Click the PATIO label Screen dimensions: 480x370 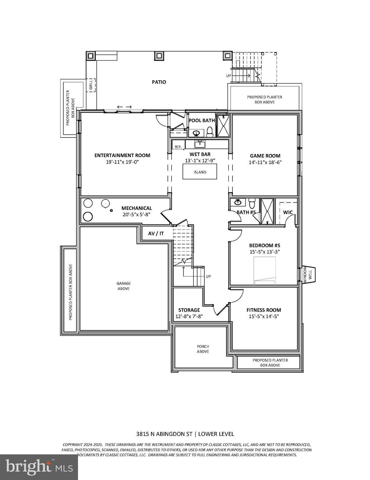pyautogui.click(x=159, y=82)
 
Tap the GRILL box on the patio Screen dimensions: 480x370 pyautogui.click(x=91, y=85)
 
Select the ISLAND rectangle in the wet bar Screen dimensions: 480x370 pyautogui.click(x=200, y=172)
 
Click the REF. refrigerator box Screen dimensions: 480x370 pyautogui.click(x=178, y=147)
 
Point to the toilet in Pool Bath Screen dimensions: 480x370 pyautogui.click(x=210, y=132)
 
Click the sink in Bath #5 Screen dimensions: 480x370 pyautogui.click(x=238, y=202)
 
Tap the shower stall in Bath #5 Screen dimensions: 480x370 pyautogui.click(x=267, y=211)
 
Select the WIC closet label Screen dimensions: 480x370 pyautogui.click(x=288, y=212)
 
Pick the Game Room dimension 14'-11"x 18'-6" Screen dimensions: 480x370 pyautogui.click(x=265, y=162)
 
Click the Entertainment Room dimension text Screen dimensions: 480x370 pyautogui.click(x=122, y=162)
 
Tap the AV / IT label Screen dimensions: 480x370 pyautogui.click(x=156, y=233)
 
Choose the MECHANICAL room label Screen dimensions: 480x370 pyautogui.click(x=137, y=208)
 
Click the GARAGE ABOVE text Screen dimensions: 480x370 pyautogui.click(x=124, y=286)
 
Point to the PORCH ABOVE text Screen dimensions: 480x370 pyautogui.click(x=203, y=349)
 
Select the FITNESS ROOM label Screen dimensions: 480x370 pyautogui.click(x=264, y=310)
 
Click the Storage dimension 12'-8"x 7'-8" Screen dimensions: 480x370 pyautogui.click(x=189, y=316)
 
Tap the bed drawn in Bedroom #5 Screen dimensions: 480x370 pyautogui.click(x=265, y=271)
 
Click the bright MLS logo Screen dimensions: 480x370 pyautogui.click(x=39, y=467)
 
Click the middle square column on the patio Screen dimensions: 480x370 pyautogui.click(x=159, y=56)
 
